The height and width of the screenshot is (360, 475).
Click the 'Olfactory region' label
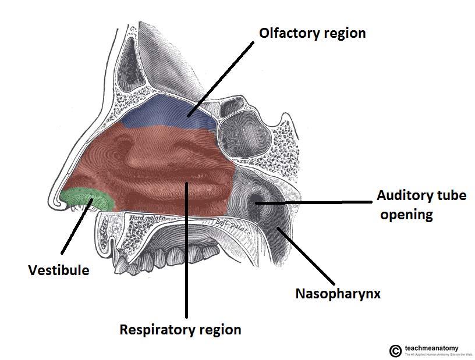312,33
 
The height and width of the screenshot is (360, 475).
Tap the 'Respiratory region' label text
180,330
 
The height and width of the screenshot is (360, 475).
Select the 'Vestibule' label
59,270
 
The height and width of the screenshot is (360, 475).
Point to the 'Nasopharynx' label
338,294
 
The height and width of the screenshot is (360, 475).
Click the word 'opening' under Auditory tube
406,215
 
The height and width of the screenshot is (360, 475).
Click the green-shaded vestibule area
84,198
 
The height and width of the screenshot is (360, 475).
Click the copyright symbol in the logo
395,350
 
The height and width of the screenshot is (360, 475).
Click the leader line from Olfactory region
222,78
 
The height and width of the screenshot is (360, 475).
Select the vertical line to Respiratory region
186,250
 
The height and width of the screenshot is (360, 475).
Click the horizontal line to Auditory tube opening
314,202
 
